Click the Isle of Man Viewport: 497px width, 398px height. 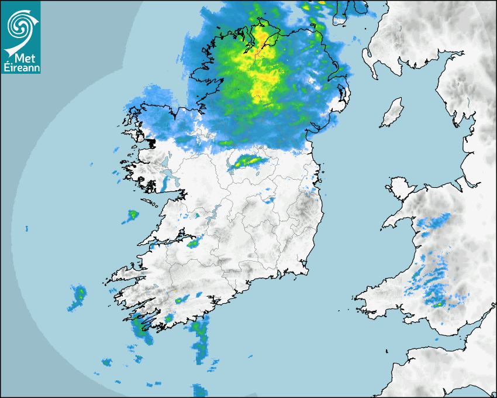[392, 113]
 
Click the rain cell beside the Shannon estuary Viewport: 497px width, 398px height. [192, 242]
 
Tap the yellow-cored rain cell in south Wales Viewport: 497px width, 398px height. [437, 303]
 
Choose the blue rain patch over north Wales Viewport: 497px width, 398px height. [436, 221]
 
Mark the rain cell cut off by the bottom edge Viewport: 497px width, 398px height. [199, 389]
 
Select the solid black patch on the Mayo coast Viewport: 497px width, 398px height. [151, 142]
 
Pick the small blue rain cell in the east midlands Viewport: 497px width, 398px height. [268, 200]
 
